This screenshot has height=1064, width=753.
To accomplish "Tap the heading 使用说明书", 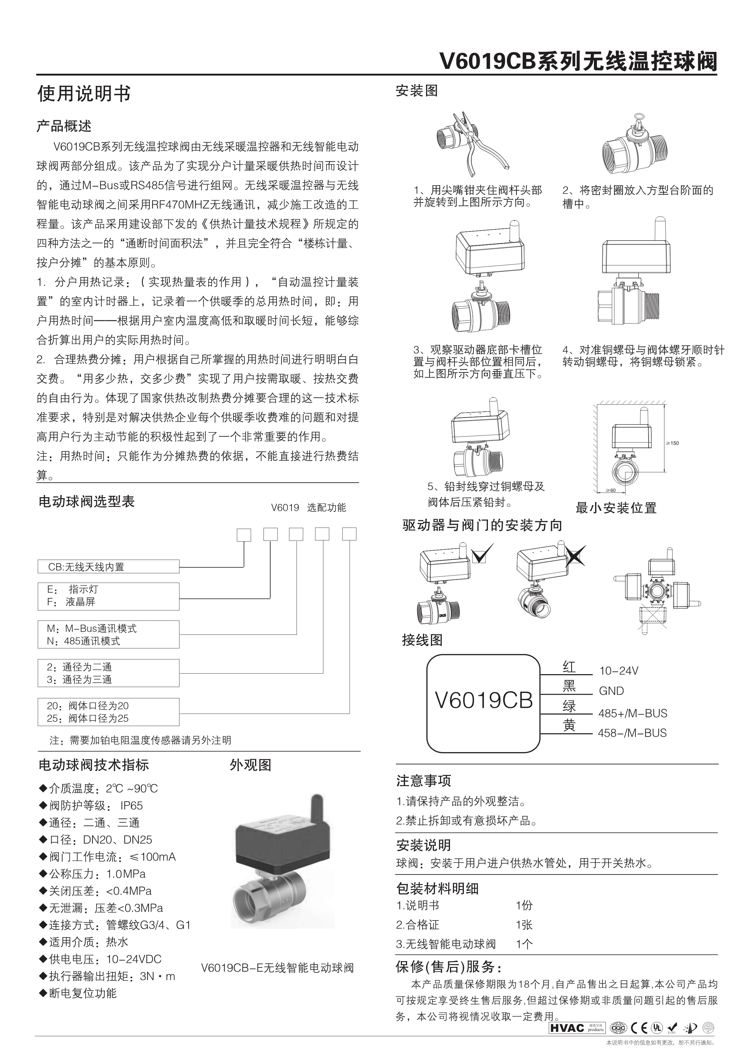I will click(84, 94).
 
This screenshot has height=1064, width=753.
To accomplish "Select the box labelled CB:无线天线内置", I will click(108, 566).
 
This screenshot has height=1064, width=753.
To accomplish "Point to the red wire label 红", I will click(569, 667).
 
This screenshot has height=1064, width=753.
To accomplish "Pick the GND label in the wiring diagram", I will click(611, 691).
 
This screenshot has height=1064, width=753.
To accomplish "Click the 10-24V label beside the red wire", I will click(618, 670).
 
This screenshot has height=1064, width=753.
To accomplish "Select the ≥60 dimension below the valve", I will click(611, 490).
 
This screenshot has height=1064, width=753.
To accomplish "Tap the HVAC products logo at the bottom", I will click(577, 1028).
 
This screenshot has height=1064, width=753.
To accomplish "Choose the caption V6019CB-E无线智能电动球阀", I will click(277, 968).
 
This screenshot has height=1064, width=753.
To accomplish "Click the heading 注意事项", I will click(423, 781).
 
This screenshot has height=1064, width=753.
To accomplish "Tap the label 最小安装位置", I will click(616, 508).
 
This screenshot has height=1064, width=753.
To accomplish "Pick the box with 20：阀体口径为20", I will click(108, 712).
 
